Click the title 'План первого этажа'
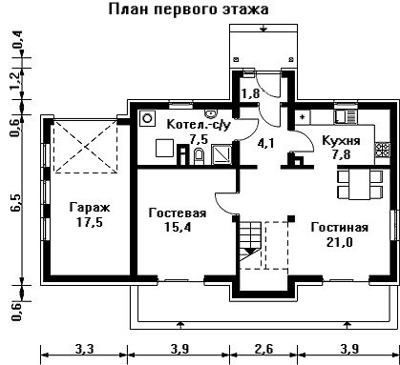189,10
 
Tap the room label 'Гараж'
90,208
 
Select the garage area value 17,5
90,222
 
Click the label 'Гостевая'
178,213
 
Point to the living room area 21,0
340,242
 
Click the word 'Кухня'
341,140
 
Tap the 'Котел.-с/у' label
199,125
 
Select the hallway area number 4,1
266,144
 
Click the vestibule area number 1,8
250,93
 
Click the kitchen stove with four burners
382,150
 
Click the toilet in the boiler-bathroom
200,156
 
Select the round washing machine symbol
147,117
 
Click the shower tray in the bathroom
221,154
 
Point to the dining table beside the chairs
360,184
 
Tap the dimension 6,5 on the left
17,202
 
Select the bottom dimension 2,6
263,349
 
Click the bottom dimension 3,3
85,349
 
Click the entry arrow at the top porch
263,29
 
